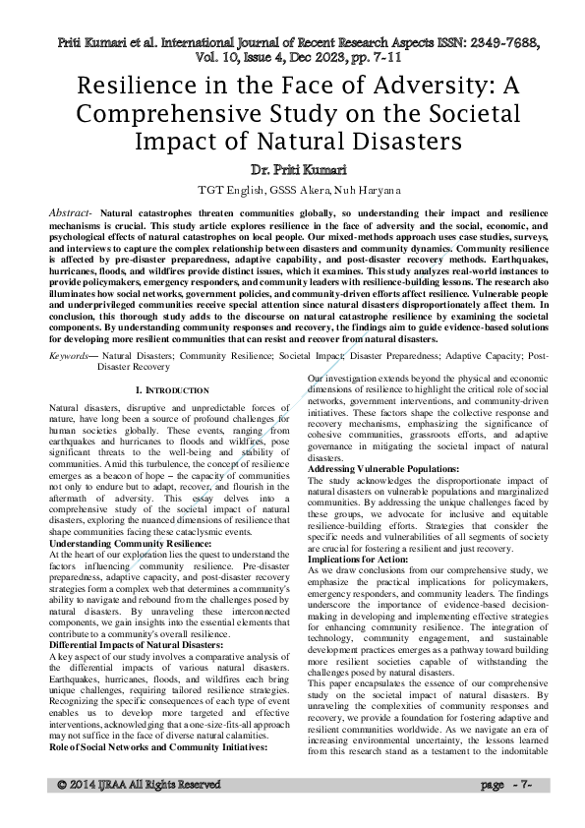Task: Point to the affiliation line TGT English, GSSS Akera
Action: point(292,189)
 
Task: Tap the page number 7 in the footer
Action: point(527,813)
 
